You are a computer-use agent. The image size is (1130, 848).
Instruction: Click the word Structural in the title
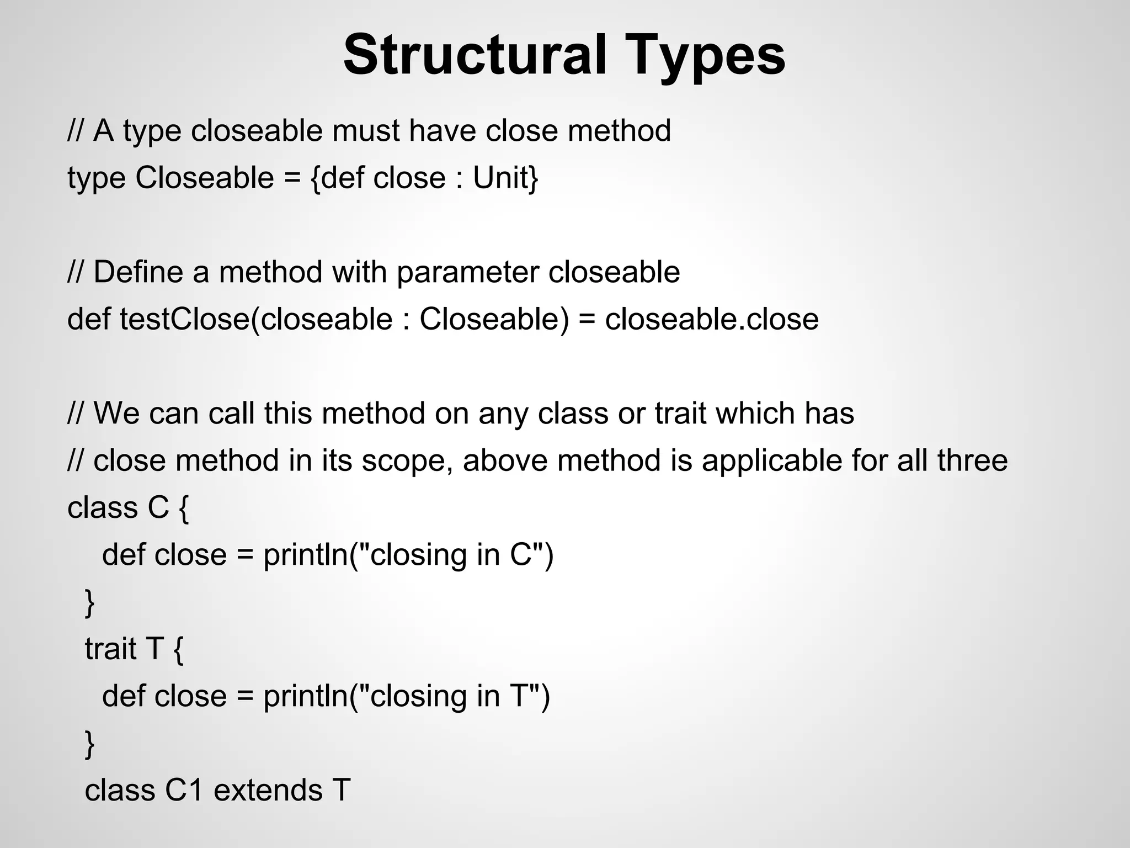tap(475, 55)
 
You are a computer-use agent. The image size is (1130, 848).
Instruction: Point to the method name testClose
tap(185, 319)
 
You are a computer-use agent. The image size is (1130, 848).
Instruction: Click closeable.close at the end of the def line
tap(712, 319)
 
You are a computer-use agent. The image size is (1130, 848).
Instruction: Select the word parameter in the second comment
tap(468, 272)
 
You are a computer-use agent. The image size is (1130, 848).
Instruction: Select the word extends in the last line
tap(267, 790)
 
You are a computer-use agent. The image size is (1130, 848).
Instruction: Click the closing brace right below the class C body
tap(89, 602)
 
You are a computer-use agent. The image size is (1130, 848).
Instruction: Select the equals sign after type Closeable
tap(292, 178)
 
